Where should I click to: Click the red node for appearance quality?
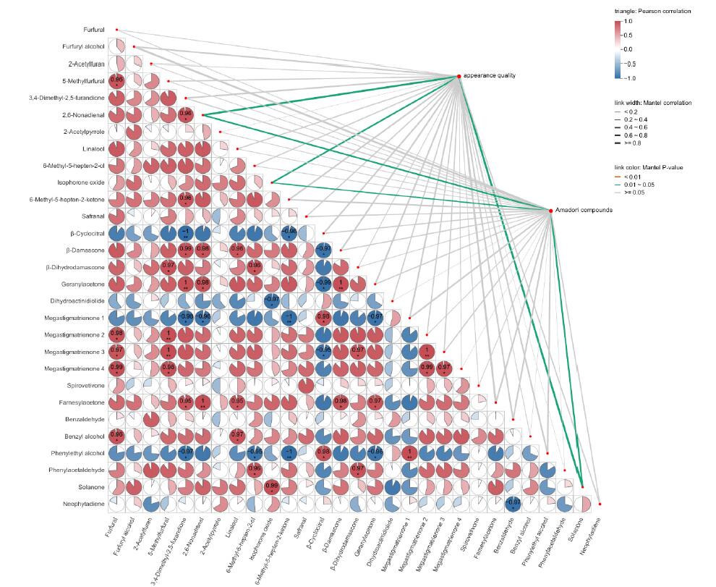(459, 76)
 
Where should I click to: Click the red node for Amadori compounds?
(551, 210)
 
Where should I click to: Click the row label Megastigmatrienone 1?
(75, 318)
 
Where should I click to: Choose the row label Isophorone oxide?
(84, 182)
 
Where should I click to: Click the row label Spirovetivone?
(85, 385)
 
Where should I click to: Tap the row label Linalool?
(93, 148)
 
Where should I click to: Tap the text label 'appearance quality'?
(490, 76)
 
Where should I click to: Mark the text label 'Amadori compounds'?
(584, 210)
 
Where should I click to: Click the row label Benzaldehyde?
(85, 419)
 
